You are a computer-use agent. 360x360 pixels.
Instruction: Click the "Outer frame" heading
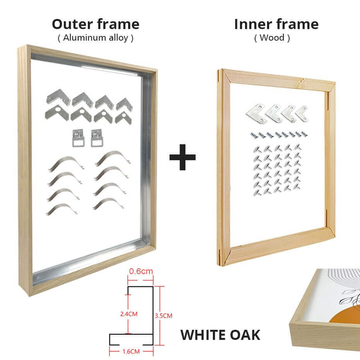pos(96,24)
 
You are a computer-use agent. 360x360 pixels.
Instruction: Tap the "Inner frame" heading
pos(276,24)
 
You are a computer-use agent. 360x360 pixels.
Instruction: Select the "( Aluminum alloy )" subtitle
pos(96,38)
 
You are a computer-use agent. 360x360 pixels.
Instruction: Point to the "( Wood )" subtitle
pos(272,38)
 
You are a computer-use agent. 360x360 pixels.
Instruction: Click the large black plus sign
pos(183,157)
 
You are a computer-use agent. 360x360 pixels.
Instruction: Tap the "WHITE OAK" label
pos(220,335)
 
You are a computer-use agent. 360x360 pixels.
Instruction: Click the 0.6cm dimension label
pos(141,271)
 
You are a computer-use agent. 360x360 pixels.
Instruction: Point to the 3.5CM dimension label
pos(163,316)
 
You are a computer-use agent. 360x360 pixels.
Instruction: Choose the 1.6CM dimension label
pos(131,351)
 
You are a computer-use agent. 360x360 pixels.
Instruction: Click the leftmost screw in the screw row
pos(252,135)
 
